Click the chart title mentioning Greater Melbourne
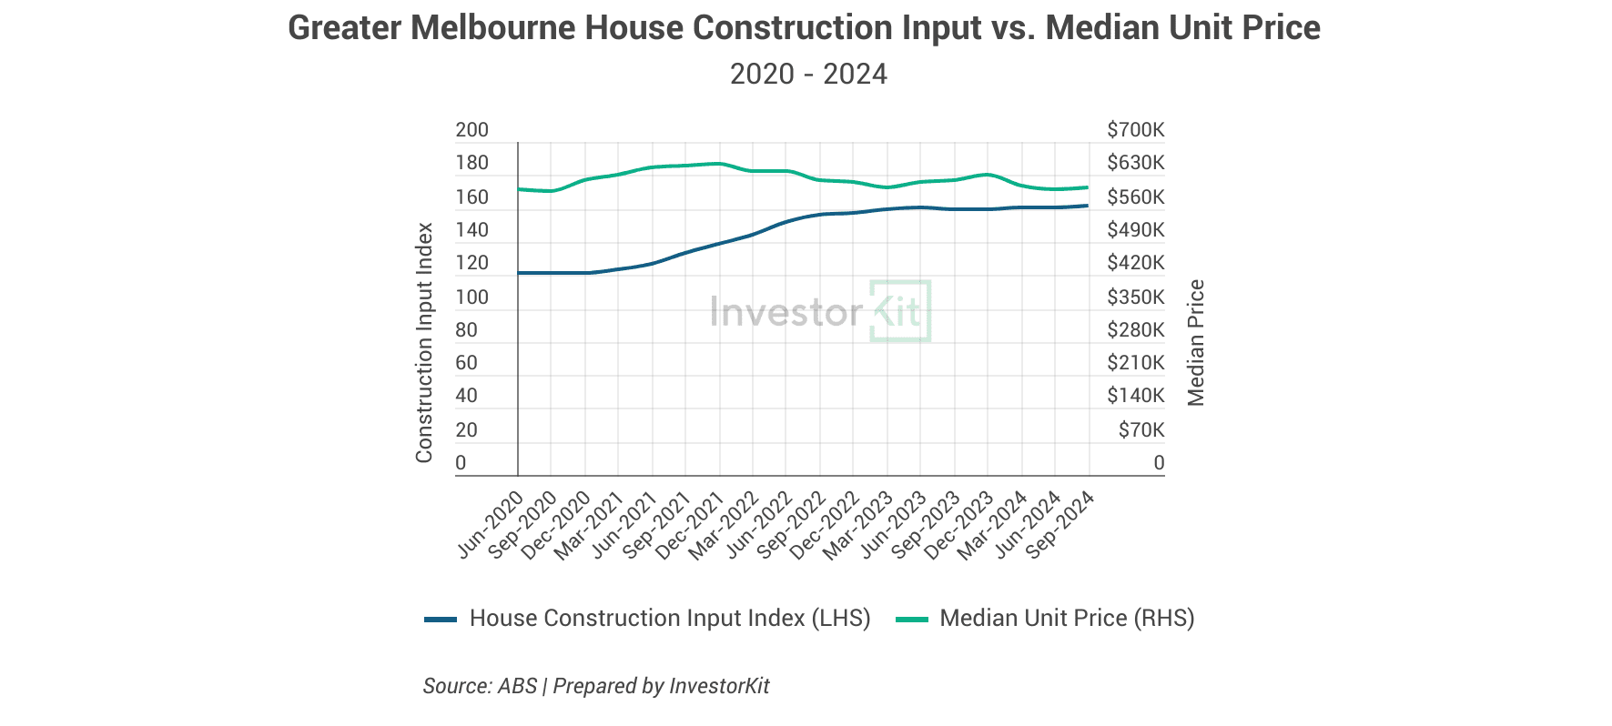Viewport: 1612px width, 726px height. click(x=804, y=28)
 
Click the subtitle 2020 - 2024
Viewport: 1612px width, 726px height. click(x=808, y=74)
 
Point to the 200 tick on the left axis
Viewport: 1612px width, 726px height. click(x=471, y=130)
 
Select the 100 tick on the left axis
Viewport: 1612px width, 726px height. click(x=471, y=297)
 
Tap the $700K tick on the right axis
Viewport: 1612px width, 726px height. click(x=1135, y=130)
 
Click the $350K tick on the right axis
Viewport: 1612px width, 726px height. click(x=1135, y=297)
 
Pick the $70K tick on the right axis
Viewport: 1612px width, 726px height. click(x=1141, y=429)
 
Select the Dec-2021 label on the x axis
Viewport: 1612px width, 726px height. click(x=691, y=526)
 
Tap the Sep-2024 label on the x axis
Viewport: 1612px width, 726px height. click(x=1060, y=524)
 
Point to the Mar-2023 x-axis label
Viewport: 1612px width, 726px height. click(x=858, y=526)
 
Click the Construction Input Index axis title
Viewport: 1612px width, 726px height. click(x=424, y=343)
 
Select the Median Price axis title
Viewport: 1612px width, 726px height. click(x=1196, y=343)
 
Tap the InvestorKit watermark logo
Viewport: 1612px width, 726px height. click(x=820, y=312)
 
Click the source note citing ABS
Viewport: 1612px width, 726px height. click(x=595, y=686)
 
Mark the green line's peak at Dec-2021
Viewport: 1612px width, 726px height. click(x=720, y=164)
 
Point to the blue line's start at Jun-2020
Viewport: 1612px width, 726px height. click(x=519, y=273)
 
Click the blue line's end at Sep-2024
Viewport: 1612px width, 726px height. click(x=1087, y=206)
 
